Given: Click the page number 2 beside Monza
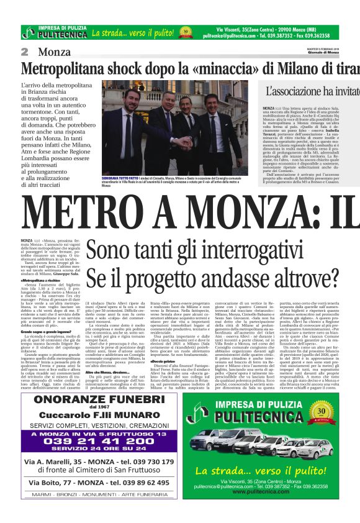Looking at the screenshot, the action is coord(24,52).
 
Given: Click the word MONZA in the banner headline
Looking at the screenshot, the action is coord(240,211).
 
